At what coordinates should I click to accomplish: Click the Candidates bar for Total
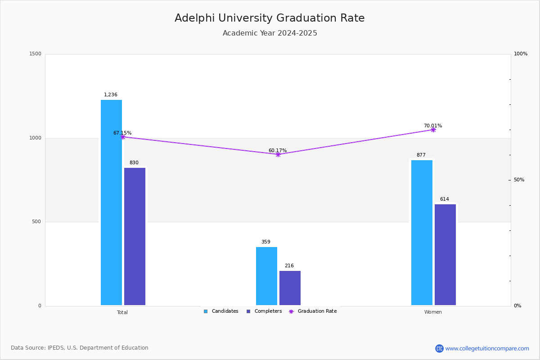(x=111, y=202)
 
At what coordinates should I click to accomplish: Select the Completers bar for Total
(x=135, y=236)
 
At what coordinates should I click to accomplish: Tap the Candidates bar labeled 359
(x=266, y=276)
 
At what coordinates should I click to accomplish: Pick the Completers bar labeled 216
(x=290, y=288)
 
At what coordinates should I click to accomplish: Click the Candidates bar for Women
(x=422, y=233)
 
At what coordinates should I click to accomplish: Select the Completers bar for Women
(x=445, y=255)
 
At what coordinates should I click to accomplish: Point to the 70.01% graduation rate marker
(x=433, y=130)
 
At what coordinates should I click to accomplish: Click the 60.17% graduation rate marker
(x=278, y=154)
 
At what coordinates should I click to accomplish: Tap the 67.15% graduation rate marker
(x=122, y=137)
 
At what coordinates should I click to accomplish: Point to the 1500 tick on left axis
(x=36, y=54)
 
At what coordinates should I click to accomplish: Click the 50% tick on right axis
(x=519, y=180)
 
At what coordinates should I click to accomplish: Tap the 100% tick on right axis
(x=520, y=54)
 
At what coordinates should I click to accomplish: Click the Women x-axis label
(x=433, y=312)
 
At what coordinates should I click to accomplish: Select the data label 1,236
(x=111, y=95)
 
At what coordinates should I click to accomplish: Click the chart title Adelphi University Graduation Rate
(x=270, y=18)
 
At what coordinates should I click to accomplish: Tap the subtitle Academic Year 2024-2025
(x=270, y=33)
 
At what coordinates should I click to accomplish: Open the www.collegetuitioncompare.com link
(x=487, y=348)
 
